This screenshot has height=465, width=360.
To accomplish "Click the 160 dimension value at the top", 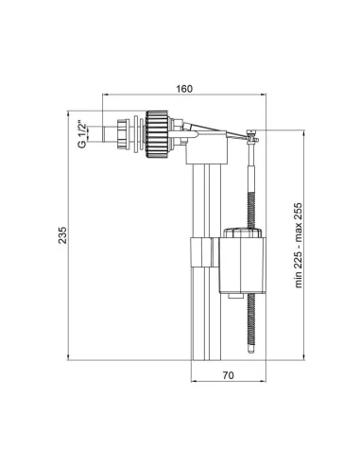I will point(184,89).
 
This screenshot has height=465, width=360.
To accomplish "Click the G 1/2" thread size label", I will point(83,133).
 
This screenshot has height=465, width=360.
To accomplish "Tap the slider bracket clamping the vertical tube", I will point(199,254).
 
